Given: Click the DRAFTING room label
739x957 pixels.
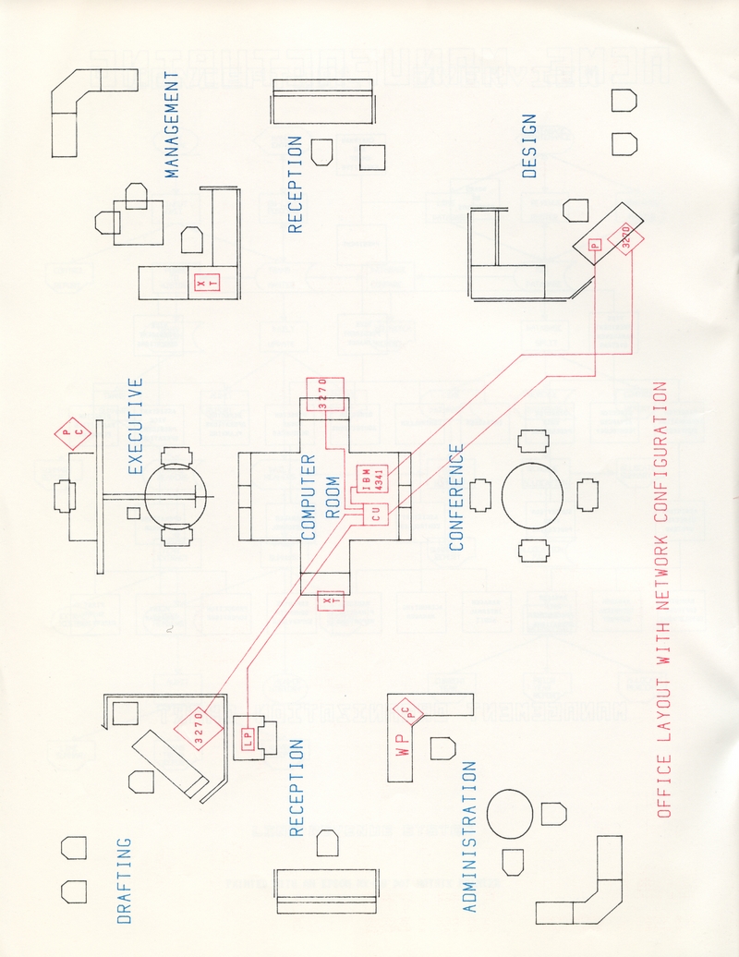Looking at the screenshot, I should point(125,880).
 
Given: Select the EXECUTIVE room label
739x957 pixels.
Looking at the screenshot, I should point(135,426).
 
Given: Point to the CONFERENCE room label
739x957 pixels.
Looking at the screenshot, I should point(455,497).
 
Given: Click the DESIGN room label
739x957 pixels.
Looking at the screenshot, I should point(529,145).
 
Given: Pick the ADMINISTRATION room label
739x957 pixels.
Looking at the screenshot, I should point(469,837).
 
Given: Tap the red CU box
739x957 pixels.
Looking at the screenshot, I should point(376,515).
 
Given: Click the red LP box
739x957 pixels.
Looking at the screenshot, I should point(247,735).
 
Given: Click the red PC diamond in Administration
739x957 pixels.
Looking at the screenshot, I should point(408,713).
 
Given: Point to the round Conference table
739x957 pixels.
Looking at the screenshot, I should point(531,496).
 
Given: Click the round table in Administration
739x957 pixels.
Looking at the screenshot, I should point(509,813).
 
